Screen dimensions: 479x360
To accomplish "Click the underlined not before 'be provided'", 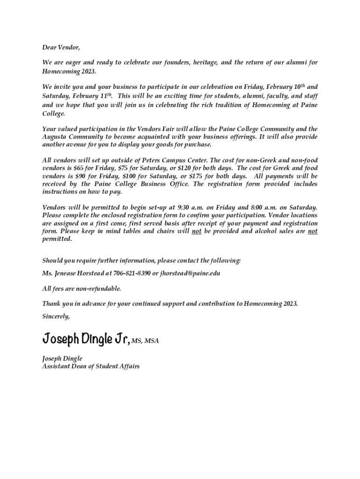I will (197, 231).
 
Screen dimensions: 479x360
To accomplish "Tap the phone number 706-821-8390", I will (132, 273).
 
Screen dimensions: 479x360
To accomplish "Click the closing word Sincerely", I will (56, 316).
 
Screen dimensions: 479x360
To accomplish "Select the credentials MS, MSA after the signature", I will (145, 341).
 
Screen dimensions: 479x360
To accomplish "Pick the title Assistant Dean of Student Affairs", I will (91, 366).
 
